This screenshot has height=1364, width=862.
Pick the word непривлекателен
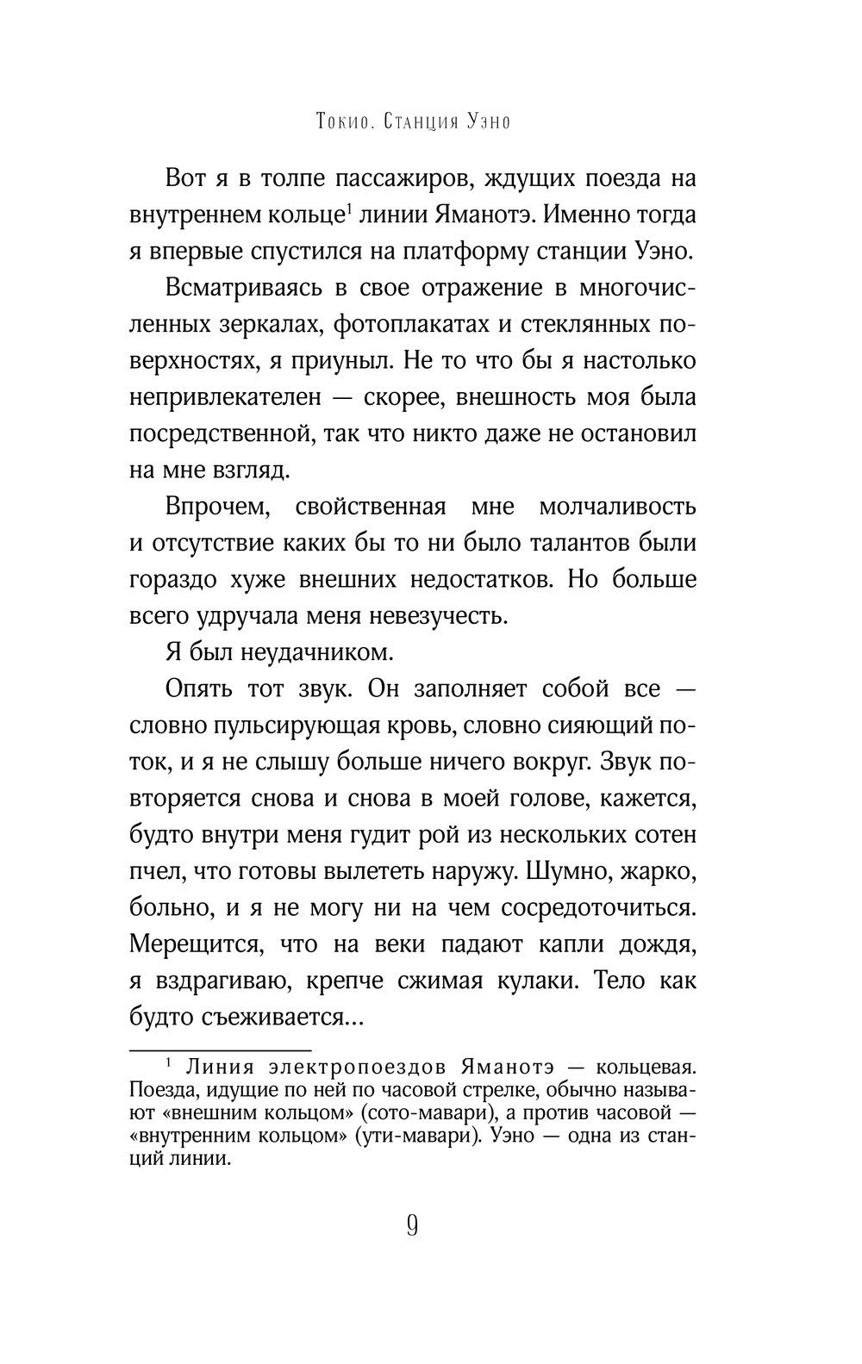(x=226, y=397)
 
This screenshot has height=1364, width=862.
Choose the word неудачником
(x=321, y=652)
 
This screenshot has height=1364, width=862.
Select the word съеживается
(x=284, y=1017)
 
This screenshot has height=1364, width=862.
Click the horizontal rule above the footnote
(x=220, y=1051)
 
